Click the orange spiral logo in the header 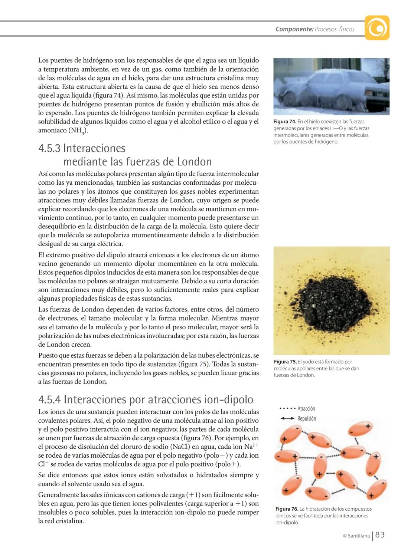(377, 28)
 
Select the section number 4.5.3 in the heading (49, 148)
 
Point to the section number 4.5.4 (50, 399)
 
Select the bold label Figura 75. (285, 362)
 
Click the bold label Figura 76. (287, 509)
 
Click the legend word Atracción (306, 409)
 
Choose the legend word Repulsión (307, 418)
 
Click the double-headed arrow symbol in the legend (287, 418)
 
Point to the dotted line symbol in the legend (287, 409)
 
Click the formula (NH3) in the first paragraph (78, 131)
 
